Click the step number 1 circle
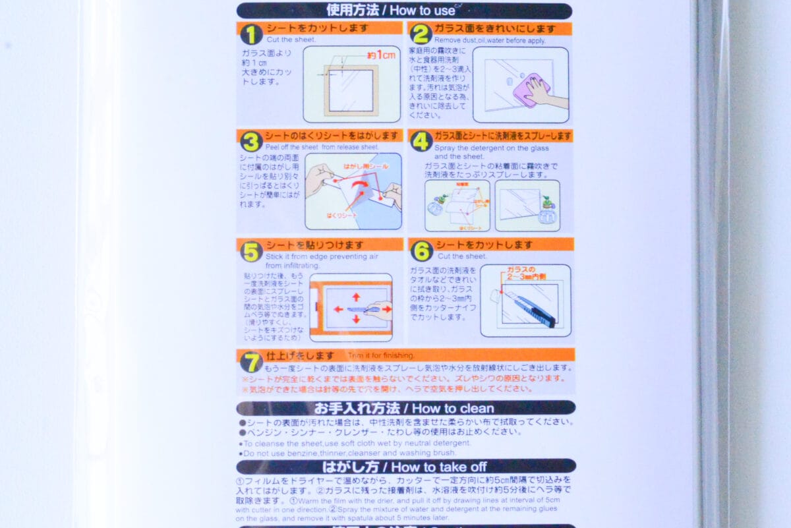(250, 34)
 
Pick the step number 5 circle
(251, 251)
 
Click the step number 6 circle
(421, 250)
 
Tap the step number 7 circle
(251, 362)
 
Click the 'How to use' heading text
(426, 11)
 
